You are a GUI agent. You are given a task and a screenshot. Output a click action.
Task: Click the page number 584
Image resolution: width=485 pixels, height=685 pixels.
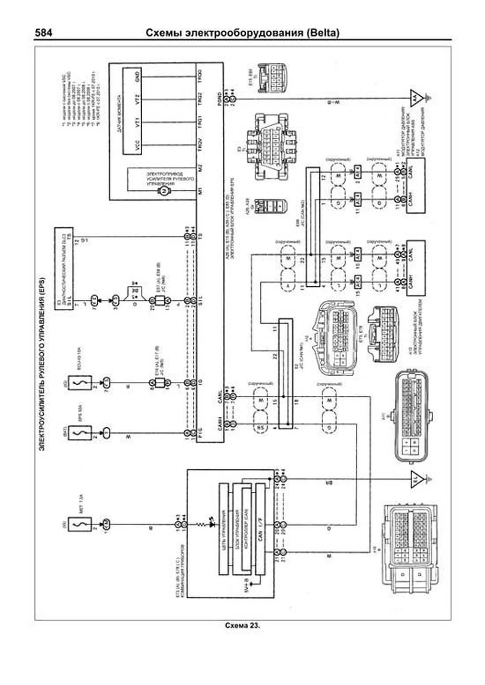(43, 33)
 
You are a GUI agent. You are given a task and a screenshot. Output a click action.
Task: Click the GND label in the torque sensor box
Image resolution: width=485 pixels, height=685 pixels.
(138, 75)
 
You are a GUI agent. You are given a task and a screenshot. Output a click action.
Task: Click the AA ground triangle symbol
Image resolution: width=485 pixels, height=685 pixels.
(415, 98)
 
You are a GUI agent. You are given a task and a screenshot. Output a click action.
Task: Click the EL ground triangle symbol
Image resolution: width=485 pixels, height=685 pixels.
(416, 480)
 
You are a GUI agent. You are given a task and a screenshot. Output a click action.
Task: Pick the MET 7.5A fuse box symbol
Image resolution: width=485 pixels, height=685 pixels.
(80, 525)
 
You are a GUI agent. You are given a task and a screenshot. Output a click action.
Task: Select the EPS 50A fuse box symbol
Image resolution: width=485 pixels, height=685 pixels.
(80, 433)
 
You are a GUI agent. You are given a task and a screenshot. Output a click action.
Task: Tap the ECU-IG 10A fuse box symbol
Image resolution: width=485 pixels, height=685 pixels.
(80, 382)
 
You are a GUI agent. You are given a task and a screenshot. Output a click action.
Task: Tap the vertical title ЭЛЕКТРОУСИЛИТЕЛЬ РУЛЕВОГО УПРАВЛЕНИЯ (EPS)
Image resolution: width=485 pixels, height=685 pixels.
(42, 363)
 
